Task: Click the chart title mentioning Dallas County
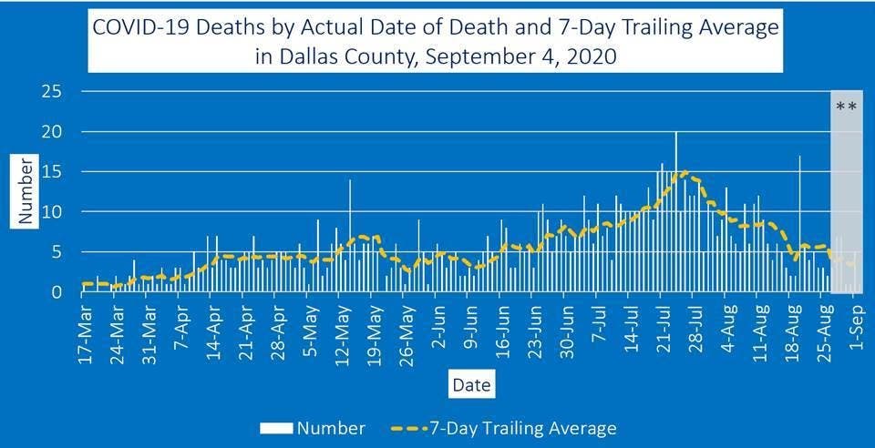(x=437, y=41)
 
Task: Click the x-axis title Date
(x=470, y=385)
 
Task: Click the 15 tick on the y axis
(x=52, y=172)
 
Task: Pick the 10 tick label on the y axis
(x=52, y=212)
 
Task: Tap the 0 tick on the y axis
(x=57, y=292)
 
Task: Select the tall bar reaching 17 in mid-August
(x=800, y=223)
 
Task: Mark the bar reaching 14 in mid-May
(x=350, y=237)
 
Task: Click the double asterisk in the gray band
(x=846, y=107)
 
